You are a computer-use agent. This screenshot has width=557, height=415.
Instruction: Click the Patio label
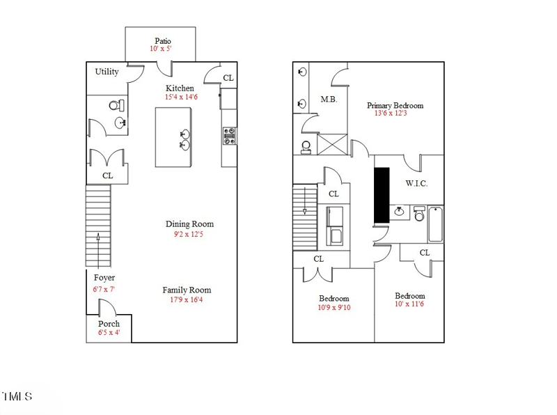click(163, 40)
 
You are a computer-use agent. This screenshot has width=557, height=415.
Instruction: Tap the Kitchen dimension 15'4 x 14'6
click(181, 97)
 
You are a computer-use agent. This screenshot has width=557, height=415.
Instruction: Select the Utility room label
click(107, 72)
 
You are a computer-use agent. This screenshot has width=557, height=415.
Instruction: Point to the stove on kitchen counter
click(229, 135)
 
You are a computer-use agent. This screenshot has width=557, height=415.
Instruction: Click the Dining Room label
click(189, 224)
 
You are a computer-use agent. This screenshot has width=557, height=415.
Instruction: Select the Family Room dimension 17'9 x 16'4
click(187, 300)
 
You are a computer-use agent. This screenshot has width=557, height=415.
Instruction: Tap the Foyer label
click(104, 278)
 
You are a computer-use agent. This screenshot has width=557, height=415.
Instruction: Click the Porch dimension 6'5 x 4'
click(108, 333)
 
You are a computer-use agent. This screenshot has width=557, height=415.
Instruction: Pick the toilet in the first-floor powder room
click(116, 106)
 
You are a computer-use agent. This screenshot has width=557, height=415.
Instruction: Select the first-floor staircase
click(98, 226)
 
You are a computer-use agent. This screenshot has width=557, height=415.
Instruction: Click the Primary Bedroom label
click(395, 106)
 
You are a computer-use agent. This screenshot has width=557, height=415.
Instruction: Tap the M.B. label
click(329, 100)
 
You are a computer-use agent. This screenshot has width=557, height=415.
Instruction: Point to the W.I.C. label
click(416, 184)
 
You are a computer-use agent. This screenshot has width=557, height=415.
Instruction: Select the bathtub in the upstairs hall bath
click(435, 224)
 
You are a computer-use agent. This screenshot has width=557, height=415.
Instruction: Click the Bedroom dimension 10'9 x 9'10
click(334, 307)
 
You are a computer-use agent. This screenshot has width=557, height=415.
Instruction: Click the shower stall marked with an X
click(331, 145)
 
